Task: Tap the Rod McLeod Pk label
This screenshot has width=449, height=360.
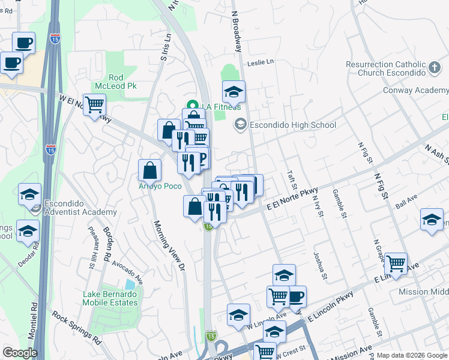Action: tap(123, 82)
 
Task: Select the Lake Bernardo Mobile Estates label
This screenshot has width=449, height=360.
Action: tap(110, 298)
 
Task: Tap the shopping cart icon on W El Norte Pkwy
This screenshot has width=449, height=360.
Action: tap(94, 104)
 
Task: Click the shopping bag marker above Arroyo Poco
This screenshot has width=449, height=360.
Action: tap(149, 170)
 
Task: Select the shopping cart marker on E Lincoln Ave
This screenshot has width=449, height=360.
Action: tap(396, 263)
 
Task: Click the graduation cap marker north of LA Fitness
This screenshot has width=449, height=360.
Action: tap(234, 91)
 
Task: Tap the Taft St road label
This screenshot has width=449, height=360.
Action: tap(292, 179)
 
